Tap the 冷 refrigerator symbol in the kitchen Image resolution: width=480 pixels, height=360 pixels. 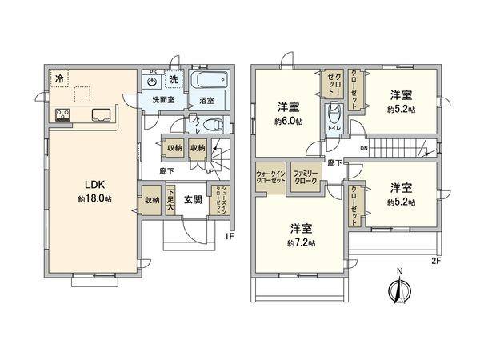click(x=59, y=78)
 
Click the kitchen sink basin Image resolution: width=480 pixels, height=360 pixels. click(x=102, y=114)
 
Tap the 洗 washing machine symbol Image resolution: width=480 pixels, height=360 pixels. click(x=173, y=80)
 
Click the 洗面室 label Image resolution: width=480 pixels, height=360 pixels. click(x=163, y=101)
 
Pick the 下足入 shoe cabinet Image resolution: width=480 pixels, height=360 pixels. click(x=170, y=200)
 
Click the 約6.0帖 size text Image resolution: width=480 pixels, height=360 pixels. click(x=287, y=122)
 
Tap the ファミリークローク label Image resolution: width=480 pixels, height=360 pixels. click(x=305, y=178)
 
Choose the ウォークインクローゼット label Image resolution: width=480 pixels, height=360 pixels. click(x=270, y=178)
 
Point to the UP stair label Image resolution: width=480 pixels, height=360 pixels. click(x=210, y=170)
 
